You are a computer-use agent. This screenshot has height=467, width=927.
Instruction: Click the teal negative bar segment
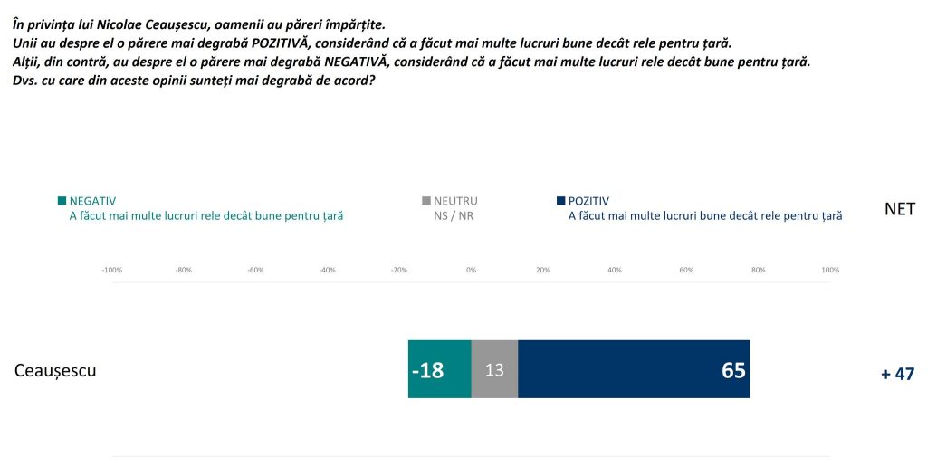pos(439,369)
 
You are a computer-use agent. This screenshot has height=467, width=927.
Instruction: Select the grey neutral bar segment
pos(494,369)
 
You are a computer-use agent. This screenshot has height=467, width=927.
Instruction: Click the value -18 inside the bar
pos(427,370)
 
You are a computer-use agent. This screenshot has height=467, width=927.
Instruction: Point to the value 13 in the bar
pos(494,370)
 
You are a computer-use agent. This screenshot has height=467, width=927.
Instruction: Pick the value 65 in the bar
pos(733,370)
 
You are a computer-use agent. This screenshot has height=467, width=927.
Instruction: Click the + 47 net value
pos(898,374)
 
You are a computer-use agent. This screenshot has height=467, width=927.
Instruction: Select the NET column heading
pos(900,209)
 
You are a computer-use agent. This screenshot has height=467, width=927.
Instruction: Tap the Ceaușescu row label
pos(56,370)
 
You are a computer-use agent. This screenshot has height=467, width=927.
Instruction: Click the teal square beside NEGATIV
pos(62,201)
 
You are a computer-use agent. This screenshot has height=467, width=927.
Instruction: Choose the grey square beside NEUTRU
pos(426,201)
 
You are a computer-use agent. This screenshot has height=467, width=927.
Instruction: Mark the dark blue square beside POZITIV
pos(561,201)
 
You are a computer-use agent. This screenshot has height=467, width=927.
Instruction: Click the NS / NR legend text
pos(454,216)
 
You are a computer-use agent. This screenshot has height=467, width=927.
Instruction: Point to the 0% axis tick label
pos(471,270)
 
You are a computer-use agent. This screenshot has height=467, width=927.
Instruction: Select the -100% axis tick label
pos(111,270)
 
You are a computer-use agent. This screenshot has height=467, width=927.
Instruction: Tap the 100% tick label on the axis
pos(829,270)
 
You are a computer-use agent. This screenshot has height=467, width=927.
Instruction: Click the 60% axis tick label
pos(686,270)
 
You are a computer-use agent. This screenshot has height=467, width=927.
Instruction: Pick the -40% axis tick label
pos(327,270)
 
